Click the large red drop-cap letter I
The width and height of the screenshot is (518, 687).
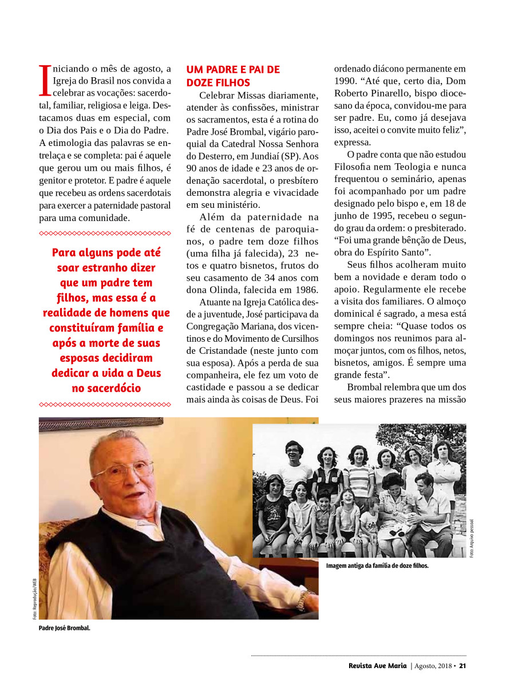(45, 80)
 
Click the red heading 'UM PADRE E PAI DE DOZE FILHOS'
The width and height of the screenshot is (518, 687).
(233, 76)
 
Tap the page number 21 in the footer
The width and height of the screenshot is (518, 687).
(463, 666)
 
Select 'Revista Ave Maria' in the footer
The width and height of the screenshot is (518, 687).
(378, 666)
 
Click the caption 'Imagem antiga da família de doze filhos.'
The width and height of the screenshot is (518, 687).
(377, 566)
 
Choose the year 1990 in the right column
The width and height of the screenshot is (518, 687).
(346, 81)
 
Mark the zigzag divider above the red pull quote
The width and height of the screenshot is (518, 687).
(105, 233)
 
